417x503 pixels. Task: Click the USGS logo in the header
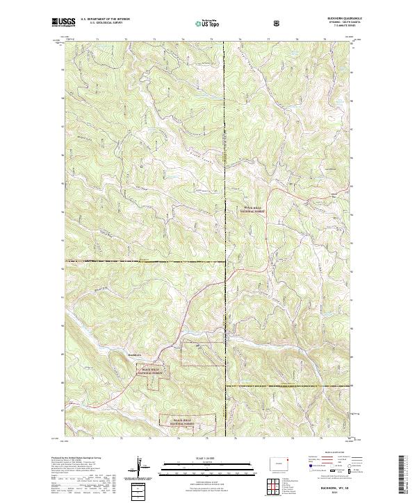coord(63,22)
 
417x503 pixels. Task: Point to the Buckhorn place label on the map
coord(134,355)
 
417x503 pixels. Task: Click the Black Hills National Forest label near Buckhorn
coord(150,372)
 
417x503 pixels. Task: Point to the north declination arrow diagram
coord(141,468)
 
